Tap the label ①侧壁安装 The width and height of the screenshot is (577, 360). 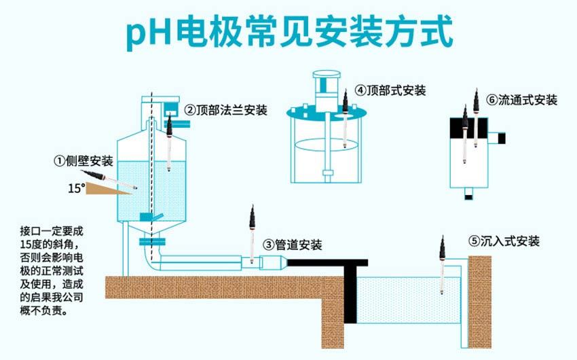pyautogui.click(x=83, y=161)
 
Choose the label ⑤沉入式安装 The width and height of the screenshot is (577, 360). pyautogui.click(x=504, y=241)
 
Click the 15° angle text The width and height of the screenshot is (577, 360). pyautogui.click(x=76, y=187)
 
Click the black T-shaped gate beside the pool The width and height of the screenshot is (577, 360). pyautogui.click(x=350, y=285)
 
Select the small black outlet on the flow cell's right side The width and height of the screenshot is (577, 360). pyautogui.click(x=502, y=138)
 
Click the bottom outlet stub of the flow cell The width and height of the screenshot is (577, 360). pyautogui.click(x=468, y=194)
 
